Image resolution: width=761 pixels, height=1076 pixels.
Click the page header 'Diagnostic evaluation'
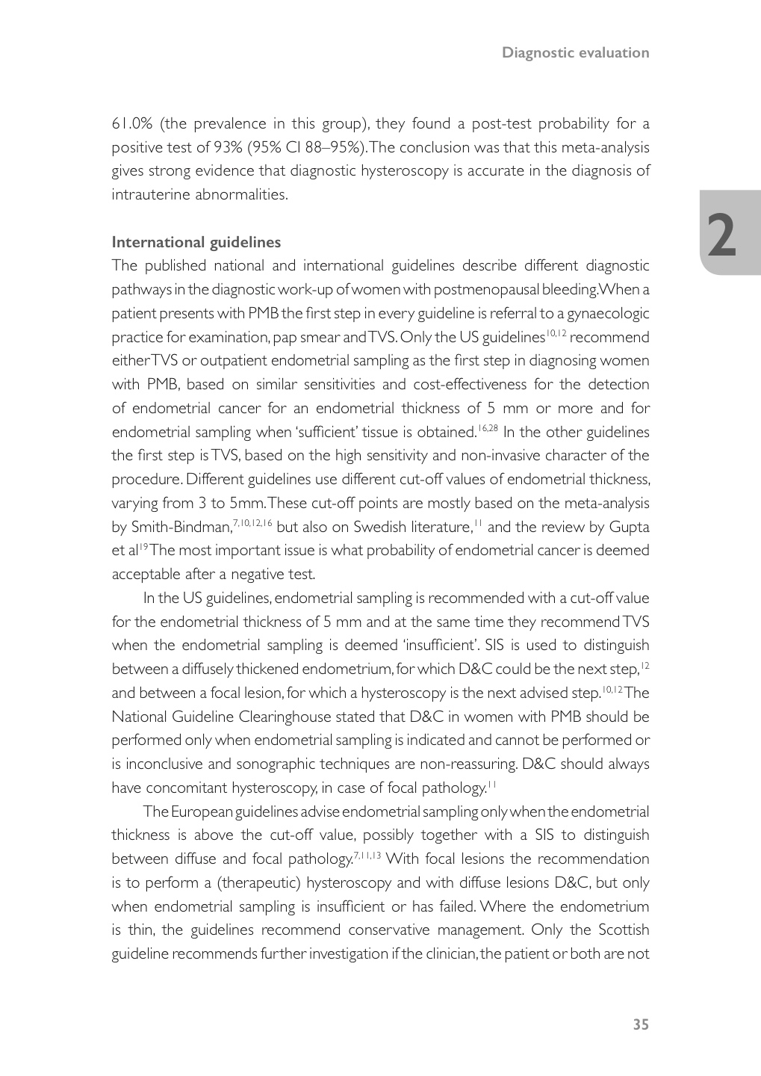(x=575, y=52)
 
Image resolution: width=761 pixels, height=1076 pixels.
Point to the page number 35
(x=641, y=1024)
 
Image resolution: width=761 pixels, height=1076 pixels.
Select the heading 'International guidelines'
(x=196, y=242)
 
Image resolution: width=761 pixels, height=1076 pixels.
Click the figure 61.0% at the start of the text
(x=132, y=123)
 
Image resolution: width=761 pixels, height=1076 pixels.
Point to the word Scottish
(x=624, y=930)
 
